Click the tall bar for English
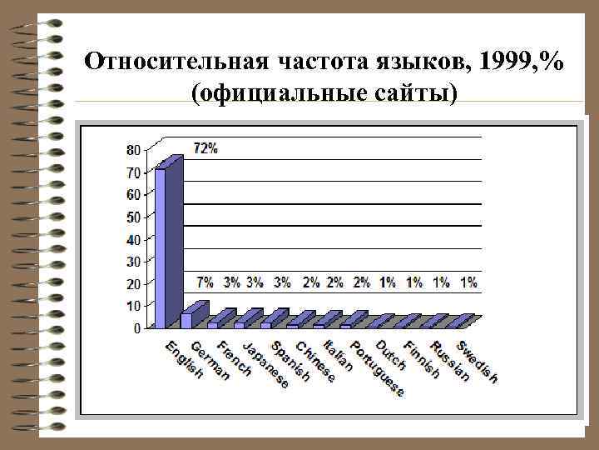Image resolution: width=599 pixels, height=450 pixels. click(x=161, y=247)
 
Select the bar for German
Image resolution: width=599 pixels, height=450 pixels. click(x=186, y=320)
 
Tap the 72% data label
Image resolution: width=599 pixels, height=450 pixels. click(x=205, y=148)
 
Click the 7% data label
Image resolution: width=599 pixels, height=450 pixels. click(x=205, y=282)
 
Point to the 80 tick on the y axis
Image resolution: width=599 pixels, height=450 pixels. click(x=133, y=151)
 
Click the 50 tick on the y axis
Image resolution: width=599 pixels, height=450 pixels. click(x=133, y=217)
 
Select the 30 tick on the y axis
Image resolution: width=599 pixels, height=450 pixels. click(x=133, y=262)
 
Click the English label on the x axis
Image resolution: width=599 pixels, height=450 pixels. click(x=184, y=361)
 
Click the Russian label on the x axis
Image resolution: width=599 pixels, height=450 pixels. click(x=450, y=362)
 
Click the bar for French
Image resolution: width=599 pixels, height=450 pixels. click(x=213, y=324)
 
